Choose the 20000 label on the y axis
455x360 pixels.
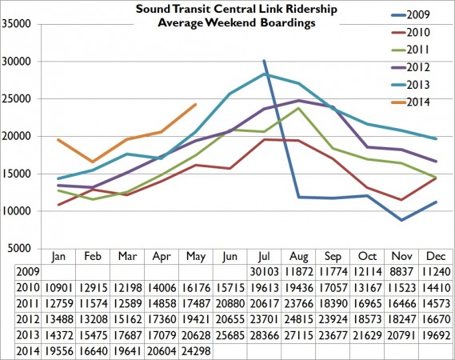[x=16, y=136]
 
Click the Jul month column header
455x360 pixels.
[x=264, y=257]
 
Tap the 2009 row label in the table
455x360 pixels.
[x=14, y=271]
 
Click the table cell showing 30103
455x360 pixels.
[x=264, y=271]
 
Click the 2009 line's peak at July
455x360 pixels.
[x=264, y=61]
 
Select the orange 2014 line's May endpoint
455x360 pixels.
[x=195, y=104]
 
